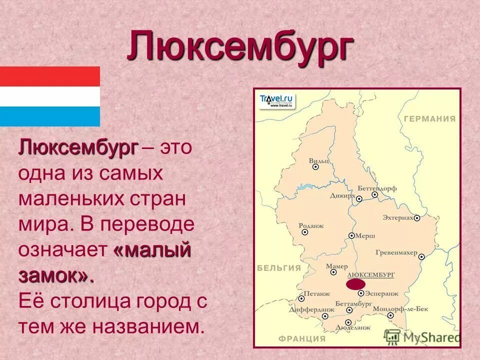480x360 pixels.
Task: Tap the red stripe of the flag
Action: point(49,76)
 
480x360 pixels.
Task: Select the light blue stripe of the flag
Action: point(49,116)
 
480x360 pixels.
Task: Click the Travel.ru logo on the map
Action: point(276,99)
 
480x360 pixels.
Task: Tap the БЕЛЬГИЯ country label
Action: point(279,268)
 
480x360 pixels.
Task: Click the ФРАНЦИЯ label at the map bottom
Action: point(302,338)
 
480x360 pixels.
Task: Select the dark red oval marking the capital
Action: point(355,284)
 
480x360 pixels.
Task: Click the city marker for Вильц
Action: point(315,167)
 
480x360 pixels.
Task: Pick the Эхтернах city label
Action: point(398,218)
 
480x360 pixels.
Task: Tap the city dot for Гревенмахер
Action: point(421,256)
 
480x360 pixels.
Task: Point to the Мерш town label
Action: point(365,235)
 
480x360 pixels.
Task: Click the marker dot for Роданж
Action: point(305,232)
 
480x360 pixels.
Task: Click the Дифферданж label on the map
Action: point(304,309)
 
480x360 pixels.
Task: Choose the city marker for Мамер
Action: point(333,272)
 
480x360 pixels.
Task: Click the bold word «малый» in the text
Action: point(152,250)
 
